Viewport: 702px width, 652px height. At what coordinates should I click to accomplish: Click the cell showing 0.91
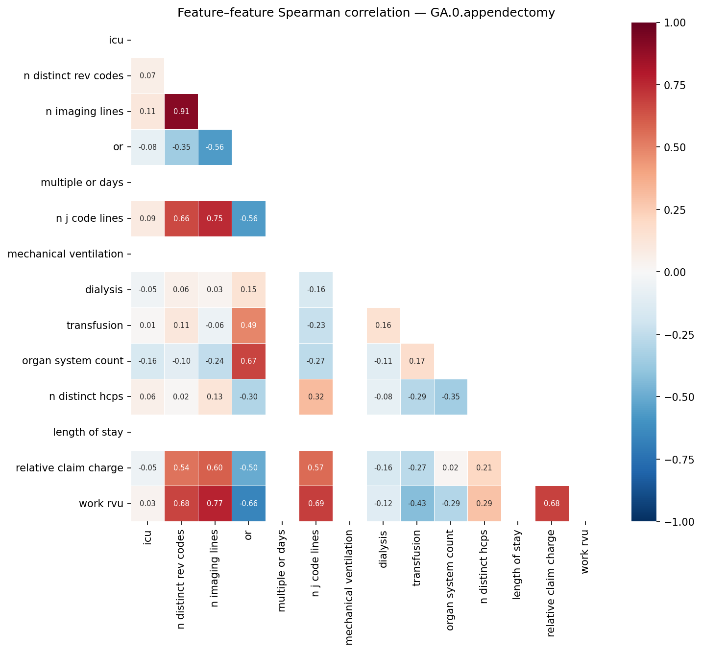pos(181,112)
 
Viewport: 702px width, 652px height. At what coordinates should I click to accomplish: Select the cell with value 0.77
pos(215,504)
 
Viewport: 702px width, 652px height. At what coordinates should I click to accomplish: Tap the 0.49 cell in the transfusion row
pos(248,326)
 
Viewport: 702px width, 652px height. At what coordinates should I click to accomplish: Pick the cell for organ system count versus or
pos(248,361)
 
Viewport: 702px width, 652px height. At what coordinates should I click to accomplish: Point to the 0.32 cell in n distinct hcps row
pos(316,396)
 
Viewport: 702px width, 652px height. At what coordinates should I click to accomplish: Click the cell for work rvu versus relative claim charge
pos(552,504)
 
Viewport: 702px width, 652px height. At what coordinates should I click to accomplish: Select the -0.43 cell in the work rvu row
pos(417,504)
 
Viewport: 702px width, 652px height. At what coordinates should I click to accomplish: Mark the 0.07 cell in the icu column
pos(147,76)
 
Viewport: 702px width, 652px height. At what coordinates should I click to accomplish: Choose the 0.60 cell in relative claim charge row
pos(215,468)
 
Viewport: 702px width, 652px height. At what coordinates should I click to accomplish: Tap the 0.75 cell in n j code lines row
pos(215,219)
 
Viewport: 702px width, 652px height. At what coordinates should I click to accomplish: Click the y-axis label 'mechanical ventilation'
pos(66,254)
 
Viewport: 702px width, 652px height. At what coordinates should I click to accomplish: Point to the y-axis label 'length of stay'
pos(88,432)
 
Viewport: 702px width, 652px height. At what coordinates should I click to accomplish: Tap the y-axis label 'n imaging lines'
pos(84,112)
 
